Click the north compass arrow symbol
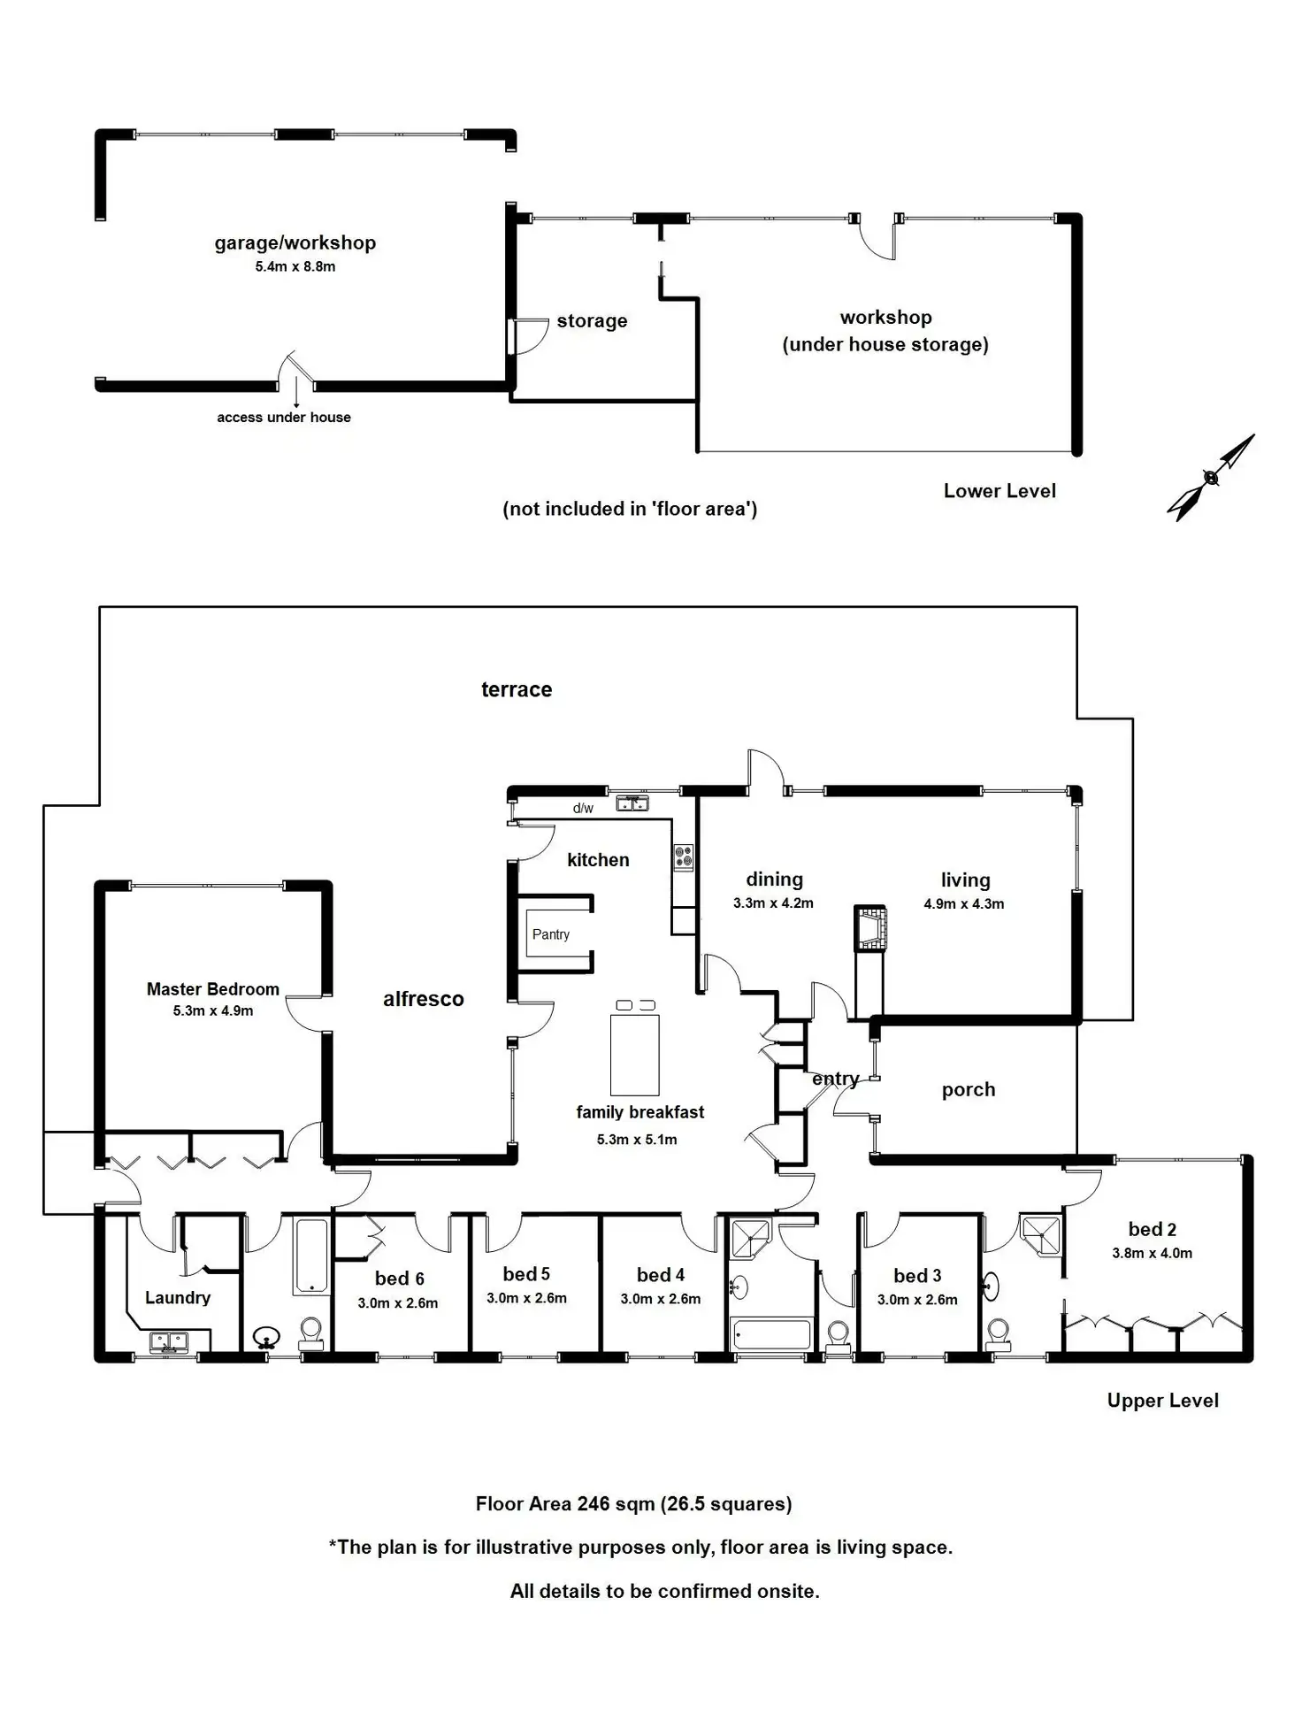pos(1211,477)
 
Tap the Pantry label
pos(551,934)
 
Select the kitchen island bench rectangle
pos(635,1055)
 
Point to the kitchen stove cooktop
pos(684,857)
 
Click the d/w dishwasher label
pos(583,808)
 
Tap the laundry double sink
pos(168,1343)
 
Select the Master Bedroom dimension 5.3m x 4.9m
pos(213,1010)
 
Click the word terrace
pos(517,689)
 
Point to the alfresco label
pos(424,999)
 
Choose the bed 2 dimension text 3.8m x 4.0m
pos(1153,1253)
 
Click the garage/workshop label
pos(295,243)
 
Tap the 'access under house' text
pos(284,417)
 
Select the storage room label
pos(593,321)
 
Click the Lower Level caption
pos(999,491)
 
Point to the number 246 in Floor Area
pos(594,1503)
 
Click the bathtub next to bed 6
pos(310,1256)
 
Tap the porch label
pos(969,1090)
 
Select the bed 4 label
pos(661,1275)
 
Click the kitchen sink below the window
pos(632,803)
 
